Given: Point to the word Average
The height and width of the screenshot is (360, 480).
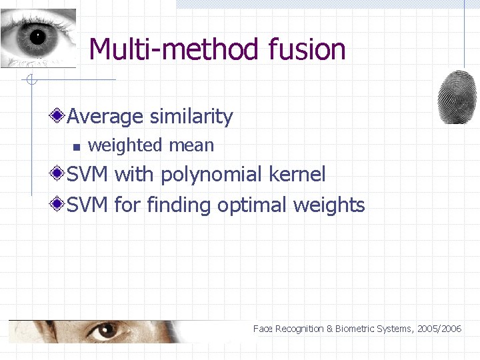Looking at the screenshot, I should pyautogui.click(x=105, y=117).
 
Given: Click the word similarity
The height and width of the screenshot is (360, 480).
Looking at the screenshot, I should pyautogui.click(x=191, y=117).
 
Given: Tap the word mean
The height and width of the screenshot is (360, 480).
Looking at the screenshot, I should pyautogui.click(x=192, y=145).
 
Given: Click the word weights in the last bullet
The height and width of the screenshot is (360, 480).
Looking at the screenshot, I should pyautogui.click(x=329, y=205).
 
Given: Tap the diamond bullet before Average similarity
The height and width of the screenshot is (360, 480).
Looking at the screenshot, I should pyautogui.click(x=58, y=117).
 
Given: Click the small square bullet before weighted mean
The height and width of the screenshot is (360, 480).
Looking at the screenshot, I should pyautogui.click(x=76, y=146).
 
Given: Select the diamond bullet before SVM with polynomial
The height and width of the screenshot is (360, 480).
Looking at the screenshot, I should pyautogui.click(x=58, y=175).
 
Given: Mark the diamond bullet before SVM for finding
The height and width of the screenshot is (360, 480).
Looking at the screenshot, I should pyautogui.click(x=58, y=204).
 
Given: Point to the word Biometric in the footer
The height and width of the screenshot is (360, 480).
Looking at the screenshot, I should pyautogui.click(x=355, y=329).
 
